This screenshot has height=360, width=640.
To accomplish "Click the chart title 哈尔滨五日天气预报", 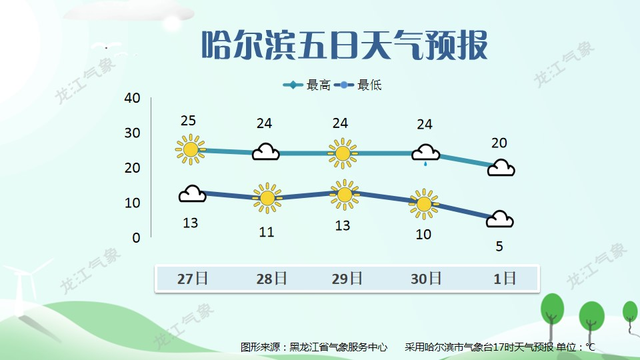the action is point(345,45).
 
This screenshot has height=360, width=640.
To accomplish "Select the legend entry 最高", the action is point(307,85).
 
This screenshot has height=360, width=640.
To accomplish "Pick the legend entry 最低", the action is point(357,85).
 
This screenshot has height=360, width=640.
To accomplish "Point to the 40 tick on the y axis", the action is point(132,98).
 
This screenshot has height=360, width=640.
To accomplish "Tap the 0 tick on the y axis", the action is point(136,237).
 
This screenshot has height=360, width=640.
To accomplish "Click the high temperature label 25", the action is point(188,121).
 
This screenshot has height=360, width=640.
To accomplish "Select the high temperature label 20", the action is point(499,143).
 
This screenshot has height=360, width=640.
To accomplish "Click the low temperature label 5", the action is point(499,247).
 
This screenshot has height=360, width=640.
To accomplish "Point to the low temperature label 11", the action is point(267,232).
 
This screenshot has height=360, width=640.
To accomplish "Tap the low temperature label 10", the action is point(423,234).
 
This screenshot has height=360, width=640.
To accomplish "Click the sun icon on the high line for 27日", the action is point(190,149).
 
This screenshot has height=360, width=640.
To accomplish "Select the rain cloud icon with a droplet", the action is point(426,154).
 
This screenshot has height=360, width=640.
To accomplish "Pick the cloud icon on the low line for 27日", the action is point(192,194).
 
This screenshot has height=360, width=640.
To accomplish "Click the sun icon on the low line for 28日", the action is point(267,199).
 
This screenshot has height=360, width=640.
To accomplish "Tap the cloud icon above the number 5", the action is point(500,219).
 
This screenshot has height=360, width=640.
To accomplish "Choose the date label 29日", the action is point(347,279).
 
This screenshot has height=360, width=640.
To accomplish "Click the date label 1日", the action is point(505,279).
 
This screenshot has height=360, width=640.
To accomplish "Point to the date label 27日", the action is point(192,279).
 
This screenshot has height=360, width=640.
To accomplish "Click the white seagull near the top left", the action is point(106,46).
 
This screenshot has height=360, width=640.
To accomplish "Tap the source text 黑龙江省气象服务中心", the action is point(339,347).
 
